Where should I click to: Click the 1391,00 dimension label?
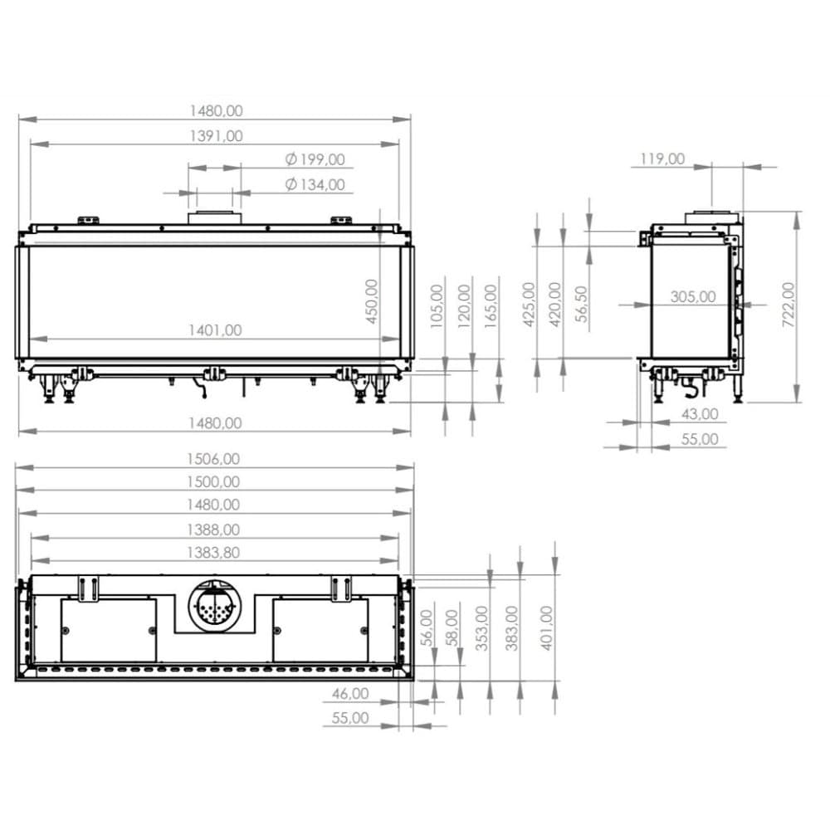pyautogui.click(x=216, y=136)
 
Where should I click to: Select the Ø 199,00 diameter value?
pyautogui.click(x=315, y=159)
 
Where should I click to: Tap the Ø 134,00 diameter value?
pyautogui.click(x=315, y=184)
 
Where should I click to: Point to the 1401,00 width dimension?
pyautogui.click(x=215, y=330)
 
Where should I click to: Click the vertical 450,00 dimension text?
pyautogui.click(x=372, y=301)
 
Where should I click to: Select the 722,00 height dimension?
pyautogui.click(x=788, y=305)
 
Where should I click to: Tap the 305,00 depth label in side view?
pyautogui.click(x=692, y=296)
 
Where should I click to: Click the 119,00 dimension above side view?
pyautogui.click(x=663, y=159)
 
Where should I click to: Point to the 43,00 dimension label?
pyautogui.click(x=699, y=413)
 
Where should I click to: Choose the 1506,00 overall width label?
pyautogui.click(x=213, y=458)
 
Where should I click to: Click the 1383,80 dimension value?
pyautogui.click(x=213, y=552)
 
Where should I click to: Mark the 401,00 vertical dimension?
pyautogui.click(x=546, y=627)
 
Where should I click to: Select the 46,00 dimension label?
pyautogui.click(x=349, y=693)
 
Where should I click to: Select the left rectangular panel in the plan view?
pyautogui.click(x=109, y=631)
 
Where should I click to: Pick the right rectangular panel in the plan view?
pyautogui.click(x=320, y=631)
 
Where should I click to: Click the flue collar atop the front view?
pyautogui.click(x=215, y=218)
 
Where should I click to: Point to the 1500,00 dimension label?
pyautogui.click(x=213, y=481)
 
